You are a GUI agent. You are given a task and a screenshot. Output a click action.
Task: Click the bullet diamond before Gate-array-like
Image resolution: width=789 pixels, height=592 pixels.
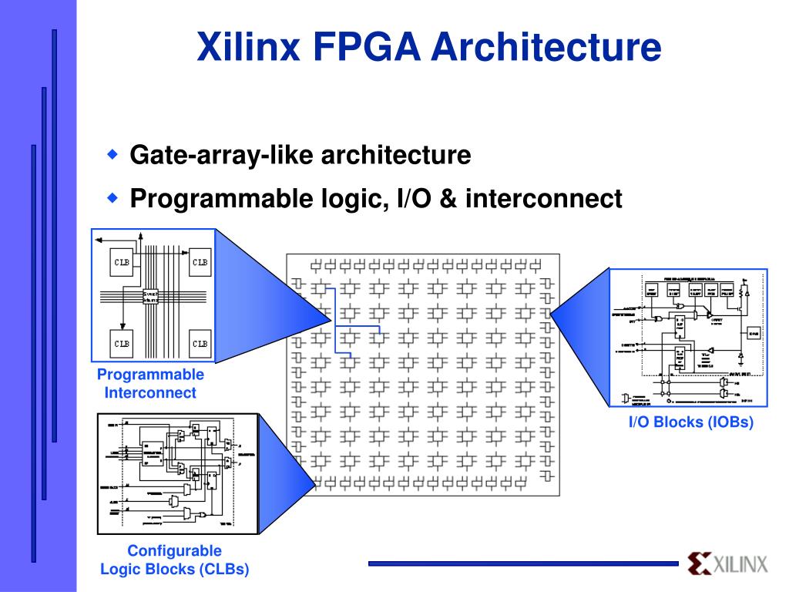click(112, 154)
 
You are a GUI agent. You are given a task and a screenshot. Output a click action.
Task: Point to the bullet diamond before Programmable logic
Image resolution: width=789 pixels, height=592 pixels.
click(112, 198)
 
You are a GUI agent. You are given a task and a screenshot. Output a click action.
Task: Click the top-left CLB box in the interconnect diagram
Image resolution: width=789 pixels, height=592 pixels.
click(123, 261)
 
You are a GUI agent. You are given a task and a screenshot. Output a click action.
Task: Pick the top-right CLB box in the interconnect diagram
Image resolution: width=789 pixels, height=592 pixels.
click(199, 261)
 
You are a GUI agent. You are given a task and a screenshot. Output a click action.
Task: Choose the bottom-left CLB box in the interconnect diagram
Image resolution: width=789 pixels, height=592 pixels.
click(123, 342)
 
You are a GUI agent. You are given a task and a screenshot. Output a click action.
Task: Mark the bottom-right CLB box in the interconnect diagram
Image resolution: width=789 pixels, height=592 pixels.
click(199, 342)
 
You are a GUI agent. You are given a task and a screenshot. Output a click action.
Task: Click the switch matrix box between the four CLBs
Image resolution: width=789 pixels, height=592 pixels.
click(150, 296)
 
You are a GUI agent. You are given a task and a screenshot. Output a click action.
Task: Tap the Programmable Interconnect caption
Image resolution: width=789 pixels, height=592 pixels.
click(151, 384)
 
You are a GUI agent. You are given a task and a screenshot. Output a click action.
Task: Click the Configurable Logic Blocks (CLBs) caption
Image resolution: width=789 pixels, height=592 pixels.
click(175, 560)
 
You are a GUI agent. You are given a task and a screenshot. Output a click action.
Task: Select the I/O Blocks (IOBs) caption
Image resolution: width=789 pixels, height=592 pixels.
click(690, 422)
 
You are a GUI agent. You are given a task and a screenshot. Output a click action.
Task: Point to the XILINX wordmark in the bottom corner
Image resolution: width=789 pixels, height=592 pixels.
click(740, 564)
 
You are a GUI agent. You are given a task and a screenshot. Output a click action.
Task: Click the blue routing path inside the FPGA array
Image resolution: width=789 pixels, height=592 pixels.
click(334, 320)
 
